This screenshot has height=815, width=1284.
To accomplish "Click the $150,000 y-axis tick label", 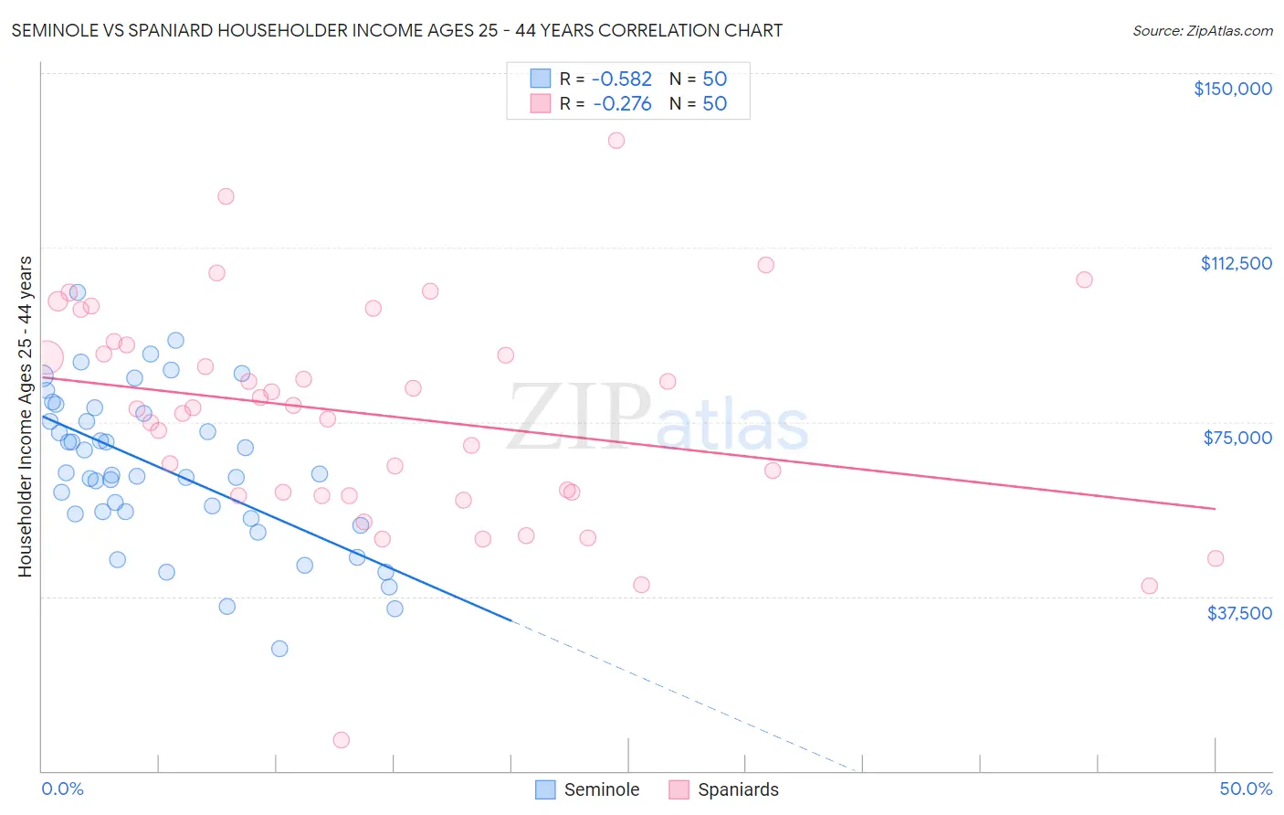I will point(1232,89).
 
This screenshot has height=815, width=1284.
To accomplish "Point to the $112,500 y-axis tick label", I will point(1236,263).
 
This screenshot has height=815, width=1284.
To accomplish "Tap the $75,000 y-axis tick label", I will point(1237,438).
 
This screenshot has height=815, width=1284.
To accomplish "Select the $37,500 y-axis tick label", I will point(1239,613).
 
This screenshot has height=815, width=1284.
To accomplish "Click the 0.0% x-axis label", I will point(62,789).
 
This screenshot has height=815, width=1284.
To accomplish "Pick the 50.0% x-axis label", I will point(1246,789).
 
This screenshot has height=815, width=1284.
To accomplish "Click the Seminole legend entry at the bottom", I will point(587,789).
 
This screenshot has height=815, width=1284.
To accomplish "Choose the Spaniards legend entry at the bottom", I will point(724,789).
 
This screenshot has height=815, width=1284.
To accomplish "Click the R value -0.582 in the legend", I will point(622,79).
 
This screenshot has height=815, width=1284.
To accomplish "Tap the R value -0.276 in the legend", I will point(622,104).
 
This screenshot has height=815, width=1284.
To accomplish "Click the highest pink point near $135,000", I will point(616,141).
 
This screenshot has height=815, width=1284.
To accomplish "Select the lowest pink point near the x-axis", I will point(342,740).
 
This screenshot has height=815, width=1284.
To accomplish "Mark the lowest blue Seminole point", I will point(279,649).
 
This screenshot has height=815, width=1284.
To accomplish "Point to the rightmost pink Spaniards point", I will point(1216,558).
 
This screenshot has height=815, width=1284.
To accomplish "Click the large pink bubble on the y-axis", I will point(47,357).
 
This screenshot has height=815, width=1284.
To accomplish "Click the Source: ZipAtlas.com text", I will point(1202,31).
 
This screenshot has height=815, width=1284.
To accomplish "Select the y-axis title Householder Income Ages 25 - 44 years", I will point(26,417).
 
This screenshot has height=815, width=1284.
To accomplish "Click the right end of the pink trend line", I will point(1215,508).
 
